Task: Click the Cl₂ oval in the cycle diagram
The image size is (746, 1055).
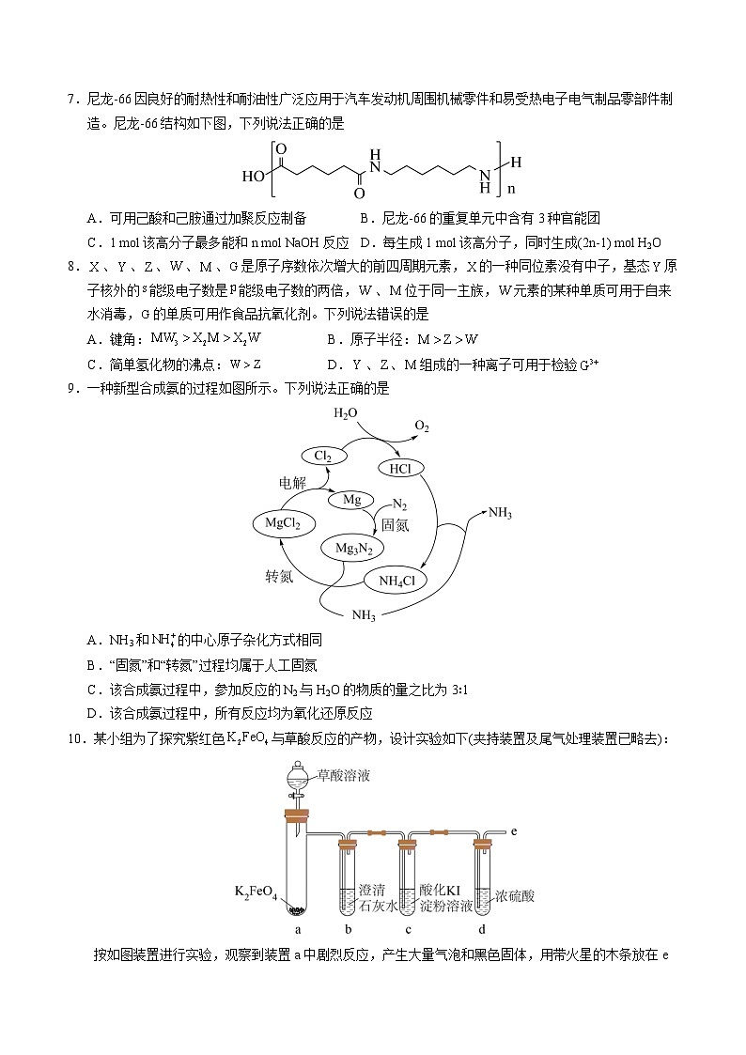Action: coord(322,457)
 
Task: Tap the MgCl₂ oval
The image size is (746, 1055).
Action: coord(283,523)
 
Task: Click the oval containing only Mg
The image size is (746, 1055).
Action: coord(351,500)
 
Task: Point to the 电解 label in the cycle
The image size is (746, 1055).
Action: coord(292,484)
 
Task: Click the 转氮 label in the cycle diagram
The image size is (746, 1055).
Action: coord(279,577)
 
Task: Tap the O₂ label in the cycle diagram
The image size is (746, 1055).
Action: coord(422,427)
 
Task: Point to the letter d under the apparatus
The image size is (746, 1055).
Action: coord(482,930)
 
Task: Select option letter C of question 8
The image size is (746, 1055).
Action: coord(92,365)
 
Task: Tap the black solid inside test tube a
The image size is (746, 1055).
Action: coord(297,909)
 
